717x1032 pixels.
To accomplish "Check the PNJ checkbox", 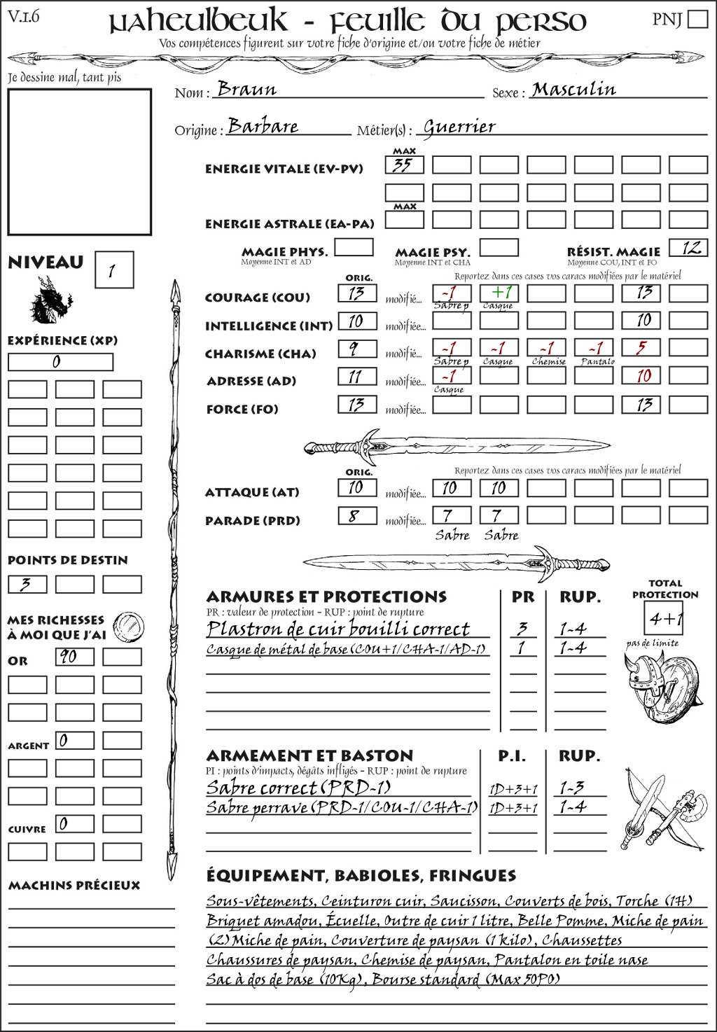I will pyautogui.click(x=697, y=19).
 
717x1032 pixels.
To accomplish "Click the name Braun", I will pyautogui.click(x=246, y=89).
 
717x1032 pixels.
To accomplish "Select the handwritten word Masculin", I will pyautogui.click(x=573, y=89).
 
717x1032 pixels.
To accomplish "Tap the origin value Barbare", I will pyautogui.click(x=263, y=126).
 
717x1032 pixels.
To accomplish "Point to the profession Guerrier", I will pyautogui.click(x=459, y=127).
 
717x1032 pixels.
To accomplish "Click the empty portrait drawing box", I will pyautogui.click(x=79, y=162).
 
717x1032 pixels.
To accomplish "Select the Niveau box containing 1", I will pyautogui.click(x=113, y=270).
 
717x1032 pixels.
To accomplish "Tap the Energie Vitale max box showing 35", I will pyautogui.click(x=404, y=165).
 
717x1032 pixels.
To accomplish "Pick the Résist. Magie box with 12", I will pyautogui.click(x=688, y=247).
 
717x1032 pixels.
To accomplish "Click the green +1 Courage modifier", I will pyautogui.click(x=499, y=293).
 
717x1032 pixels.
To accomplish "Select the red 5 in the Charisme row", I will pyautogui.click(x=641, y=348).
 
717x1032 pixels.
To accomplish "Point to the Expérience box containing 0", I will pyautogui.click(x=60, y=362).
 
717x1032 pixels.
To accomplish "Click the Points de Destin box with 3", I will pyautogui.click(x=27, y=584).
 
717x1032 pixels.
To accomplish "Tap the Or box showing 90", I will pyautogui.click(x=75, y=657).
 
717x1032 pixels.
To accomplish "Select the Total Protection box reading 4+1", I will pyautogui.click(x=664, y=618).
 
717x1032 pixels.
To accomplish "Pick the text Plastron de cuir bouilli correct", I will pyautogui.click(x=337, y=629).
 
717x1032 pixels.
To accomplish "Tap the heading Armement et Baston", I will pyautogui.click(x=309, y=755).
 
